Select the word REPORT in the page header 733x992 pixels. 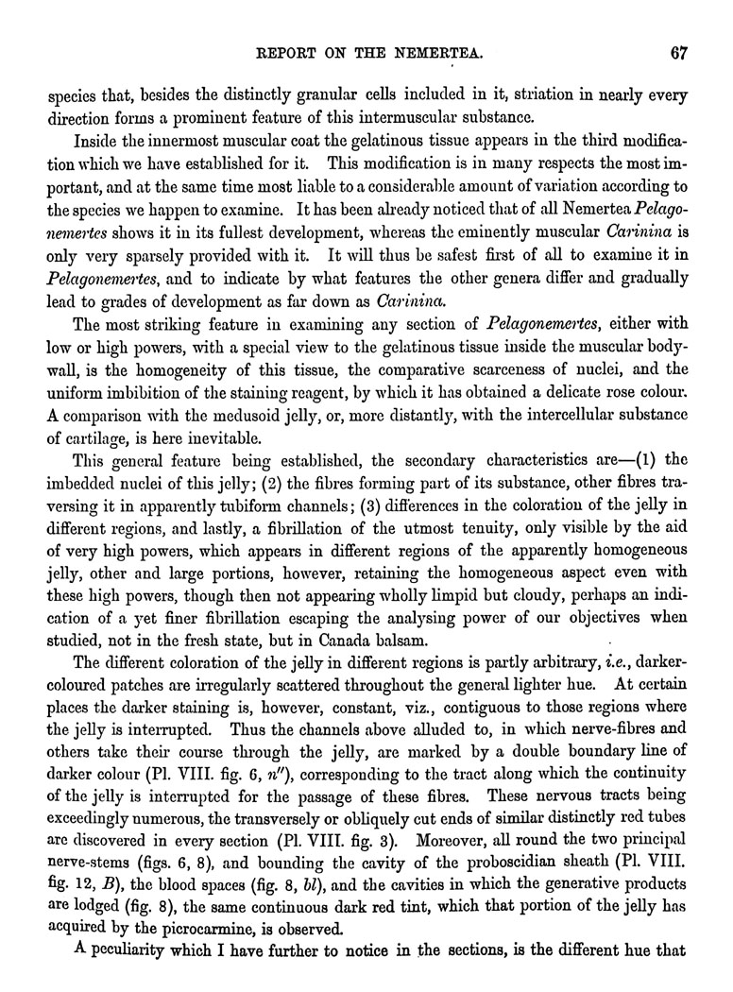[x=281, y=54]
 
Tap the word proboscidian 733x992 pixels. [x=452, y=856]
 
